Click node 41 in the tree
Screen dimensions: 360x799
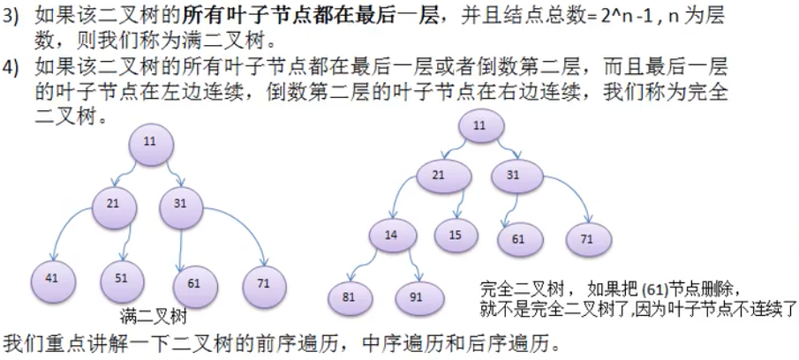click(x=52, y=277)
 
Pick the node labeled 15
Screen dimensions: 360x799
click(x=456, y=236)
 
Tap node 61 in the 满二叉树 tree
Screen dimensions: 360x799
click(x=194, y=282)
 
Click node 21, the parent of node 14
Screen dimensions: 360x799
click(x=439, y=175)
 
